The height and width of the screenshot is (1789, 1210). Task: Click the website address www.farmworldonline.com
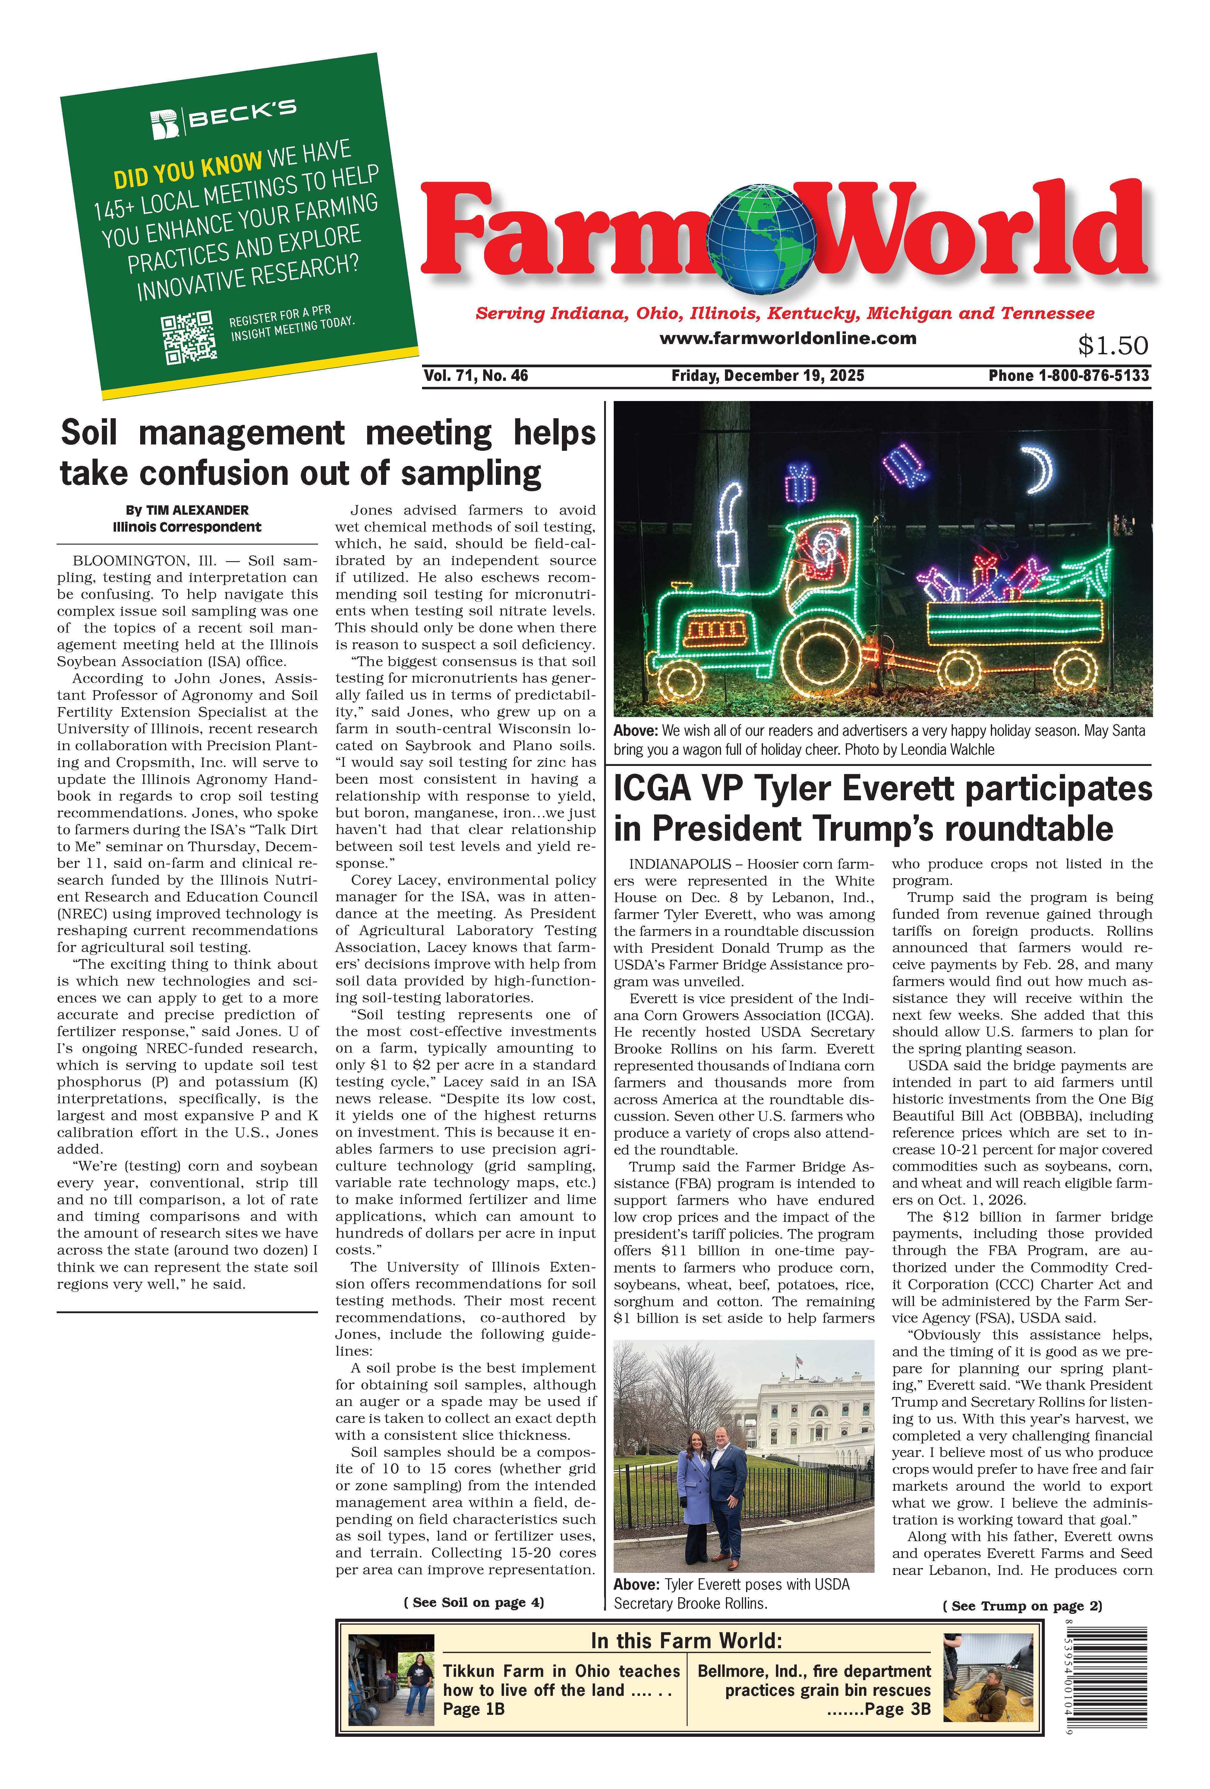coord(787,338)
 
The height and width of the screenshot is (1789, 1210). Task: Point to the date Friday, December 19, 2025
coord(767,376)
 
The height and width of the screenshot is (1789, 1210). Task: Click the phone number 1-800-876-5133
coord(1093,376)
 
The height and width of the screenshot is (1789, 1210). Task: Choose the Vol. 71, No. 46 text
coord(476,376)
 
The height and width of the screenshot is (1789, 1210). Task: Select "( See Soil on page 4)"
coord(473,1602)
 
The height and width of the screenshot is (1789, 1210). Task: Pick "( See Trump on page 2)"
coord(1021,1606)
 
